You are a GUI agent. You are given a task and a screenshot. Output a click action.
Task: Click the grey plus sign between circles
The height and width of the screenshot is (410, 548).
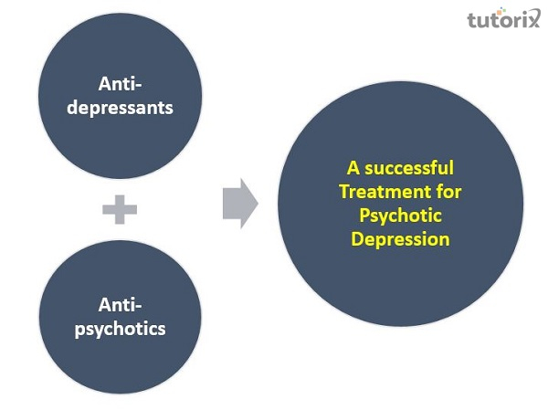pyautogui.click(x=120, y=209)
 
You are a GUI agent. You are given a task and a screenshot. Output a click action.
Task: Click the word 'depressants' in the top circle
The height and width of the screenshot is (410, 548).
pyautogui.click(x=135, y=107)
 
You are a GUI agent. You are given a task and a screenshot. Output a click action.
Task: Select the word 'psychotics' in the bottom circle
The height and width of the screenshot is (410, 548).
pyautogui.click(x=121, y=326)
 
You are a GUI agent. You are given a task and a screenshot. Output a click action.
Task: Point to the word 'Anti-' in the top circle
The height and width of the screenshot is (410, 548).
pyautogui.click(x=121, y=84)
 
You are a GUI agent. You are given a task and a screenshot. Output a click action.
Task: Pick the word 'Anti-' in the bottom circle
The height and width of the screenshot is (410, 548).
pyautogui.click(x=121, y=304)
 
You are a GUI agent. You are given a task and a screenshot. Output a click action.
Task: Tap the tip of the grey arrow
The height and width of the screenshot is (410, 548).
pyautogui.click(x=257, y=203)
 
